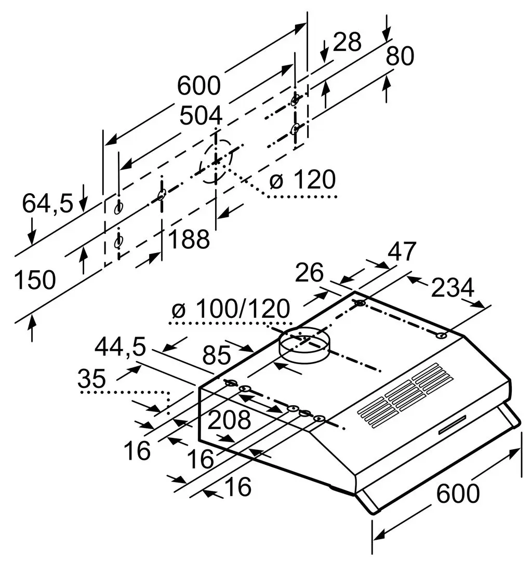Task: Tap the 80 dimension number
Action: pos(400,56)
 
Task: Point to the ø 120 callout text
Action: pos(302,180)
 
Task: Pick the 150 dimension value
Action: pos(34,280)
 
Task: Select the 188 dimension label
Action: pos(189,239)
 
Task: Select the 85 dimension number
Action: pos(216,356)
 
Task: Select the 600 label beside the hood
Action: pos(457,493)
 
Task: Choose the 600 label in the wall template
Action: pos(199,85)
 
